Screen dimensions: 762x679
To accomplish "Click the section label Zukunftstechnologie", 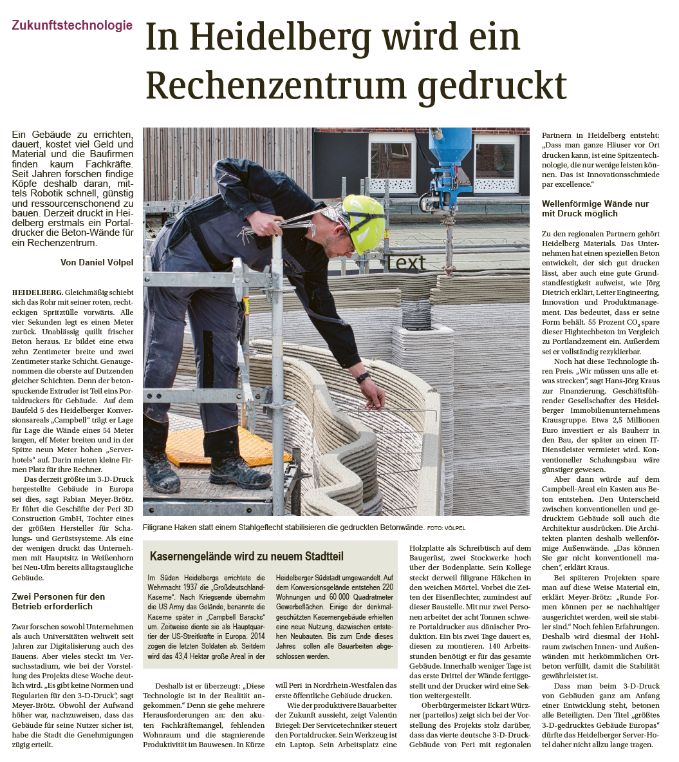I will (72, 26).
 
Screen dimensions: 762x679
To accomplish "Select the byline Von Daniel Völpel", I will (97, 262).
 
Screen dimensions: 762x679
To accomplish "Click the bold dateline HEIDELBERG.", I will (37, 292).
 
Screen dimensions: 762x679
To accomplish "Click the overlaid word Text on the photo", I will (405, 262).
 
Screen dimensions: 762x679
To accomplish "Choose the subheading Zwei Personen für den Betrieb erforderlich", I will (58, 602).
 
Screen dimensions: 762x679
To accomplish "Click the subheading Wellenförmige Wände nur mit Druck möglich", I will (595, 209).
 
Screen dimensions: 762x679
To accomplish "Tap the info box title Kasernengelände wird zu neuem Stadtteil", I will (246, 555).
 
